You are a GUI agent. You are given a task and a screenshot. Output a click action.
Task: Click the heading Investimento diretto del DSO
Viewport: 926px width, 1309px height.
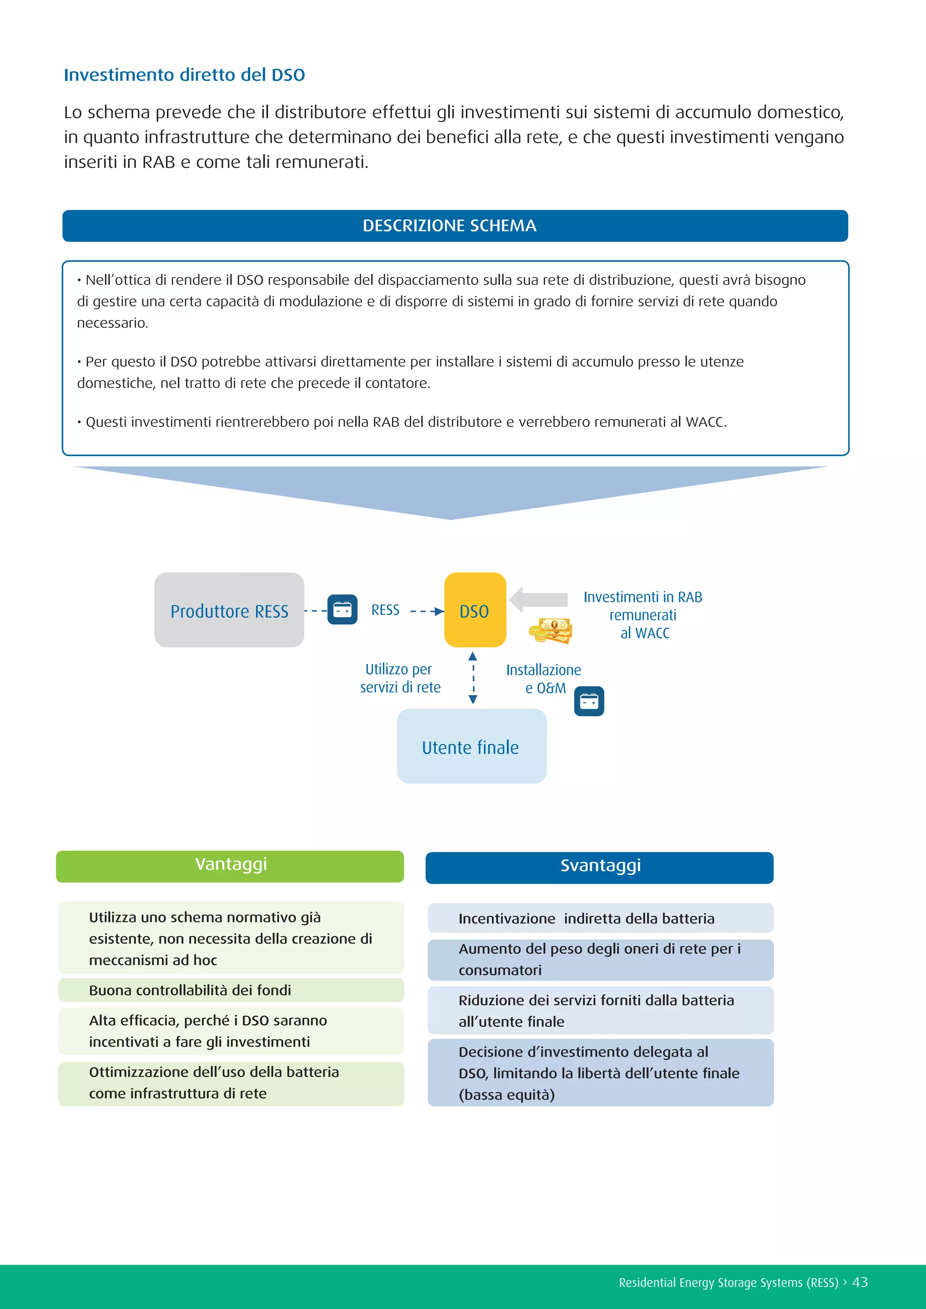coord(184,75)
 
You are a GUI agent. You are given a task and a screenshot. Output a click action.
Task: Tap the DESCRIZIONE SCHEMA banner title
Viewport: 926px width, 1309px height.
coord(449,226)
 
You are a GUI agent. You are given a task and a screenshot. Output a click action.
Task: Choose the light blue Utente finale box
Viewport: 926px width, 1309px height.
coord(472,746)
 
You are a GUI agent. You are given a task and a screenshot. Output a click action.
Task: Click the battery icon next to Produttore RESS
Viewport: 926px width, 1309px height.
coord(342,609)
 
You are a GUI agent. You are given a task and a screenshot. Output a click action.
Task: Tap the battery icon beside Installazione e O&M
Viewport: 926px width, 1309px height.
coord(589,701)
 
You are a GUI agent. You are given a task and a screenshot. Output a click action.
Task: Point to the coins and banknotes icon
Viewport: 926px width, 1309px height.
coord(550,631)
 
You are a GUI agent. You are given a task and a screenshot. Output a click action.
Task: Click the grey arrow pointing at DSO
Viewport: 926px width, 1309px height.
coord(538,599)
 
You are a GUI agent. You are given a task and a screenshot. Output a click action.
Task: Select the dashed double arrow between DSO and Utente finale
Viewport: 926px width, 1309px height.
coord(472,678)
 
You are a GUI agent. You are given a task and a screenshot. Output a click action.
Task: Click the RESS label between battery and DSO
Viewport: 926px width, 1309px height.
coord(385,610)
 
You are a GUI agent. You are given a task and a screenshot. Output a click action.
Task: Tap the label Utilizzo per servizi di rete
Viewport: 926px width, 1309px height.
coord(400,678)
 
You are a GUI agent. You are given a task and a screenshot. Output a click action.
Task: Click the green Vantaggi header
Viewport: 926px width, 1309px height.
coord(230,866)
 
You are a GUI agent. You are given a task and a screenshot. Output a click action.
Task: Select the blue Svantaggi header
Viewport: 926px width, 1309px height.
coord(599,867)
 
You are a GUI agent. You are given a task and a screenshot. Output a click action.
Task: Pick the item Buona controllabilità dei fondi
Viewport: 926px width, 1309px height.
coord(190,990)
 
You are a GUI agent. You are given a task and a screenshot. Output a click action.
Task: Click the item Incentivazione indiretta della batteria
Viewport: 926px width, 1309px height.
coord(586,918)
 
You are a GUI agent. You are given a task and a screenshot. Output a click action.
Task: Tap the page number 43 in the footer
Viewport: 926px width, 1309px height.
coord(860,1282)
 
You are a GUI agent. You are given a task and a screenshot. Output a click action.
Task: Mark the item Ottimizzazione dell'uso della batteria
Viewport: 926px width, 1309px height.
coord(214,1082)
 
